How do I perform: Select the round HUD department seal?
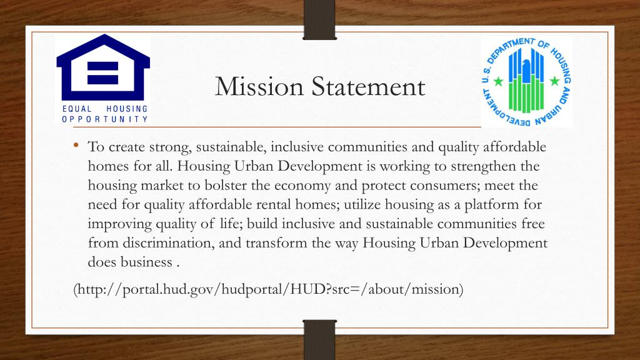pos(526,81)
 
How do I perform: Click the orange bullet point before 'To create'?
pos(76,146)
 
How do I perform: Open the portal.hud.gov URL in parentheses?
pos(268,290)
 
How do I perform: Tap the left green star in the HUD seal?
pos(498,82)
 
